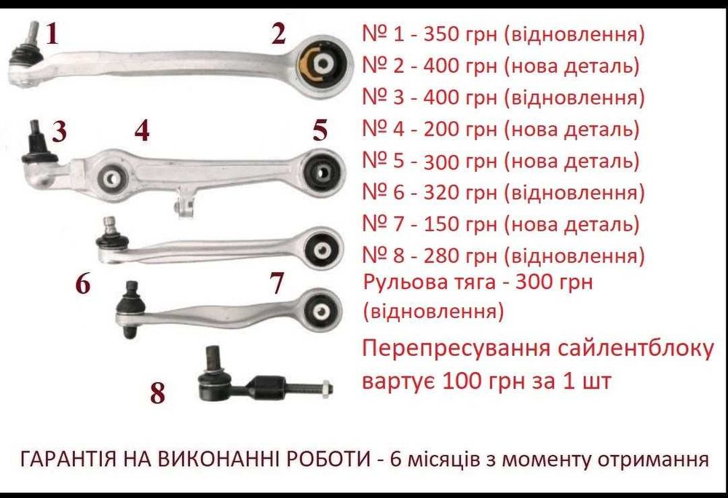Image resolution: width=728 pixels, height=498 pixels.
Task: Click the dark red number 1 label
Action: pyautogui.click(x=51, y=33)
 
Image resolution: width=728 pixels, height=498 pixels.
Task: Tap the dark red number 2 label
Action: pyautogui.click(x=278, y=33)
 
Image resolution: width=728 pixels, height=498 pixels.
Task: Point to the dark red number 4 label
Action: pyautogui.click(x=142, y=131)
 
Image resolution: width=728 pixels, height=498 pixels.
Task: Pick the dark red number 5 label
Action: pyautogui.click(x=320, y=131)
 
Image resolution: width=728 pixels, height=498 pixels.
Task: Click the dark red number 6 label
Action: pyautogui.click(x=83, y=284)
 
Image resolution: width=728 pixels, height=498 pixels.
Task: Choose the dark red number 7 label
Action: pyautogui.click(x=276, y=284)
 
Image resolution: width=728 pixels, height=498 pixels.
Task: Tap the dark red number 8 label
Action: pyautogui.click(x=157, y=394)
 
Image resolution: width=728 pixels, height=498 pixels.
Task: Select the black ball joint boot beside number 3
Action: pyautogui.click(x=33, y=150)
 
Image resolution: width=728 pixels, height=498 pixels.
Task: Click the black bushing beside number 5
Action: pyautogui.click(x=321, y=171)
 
